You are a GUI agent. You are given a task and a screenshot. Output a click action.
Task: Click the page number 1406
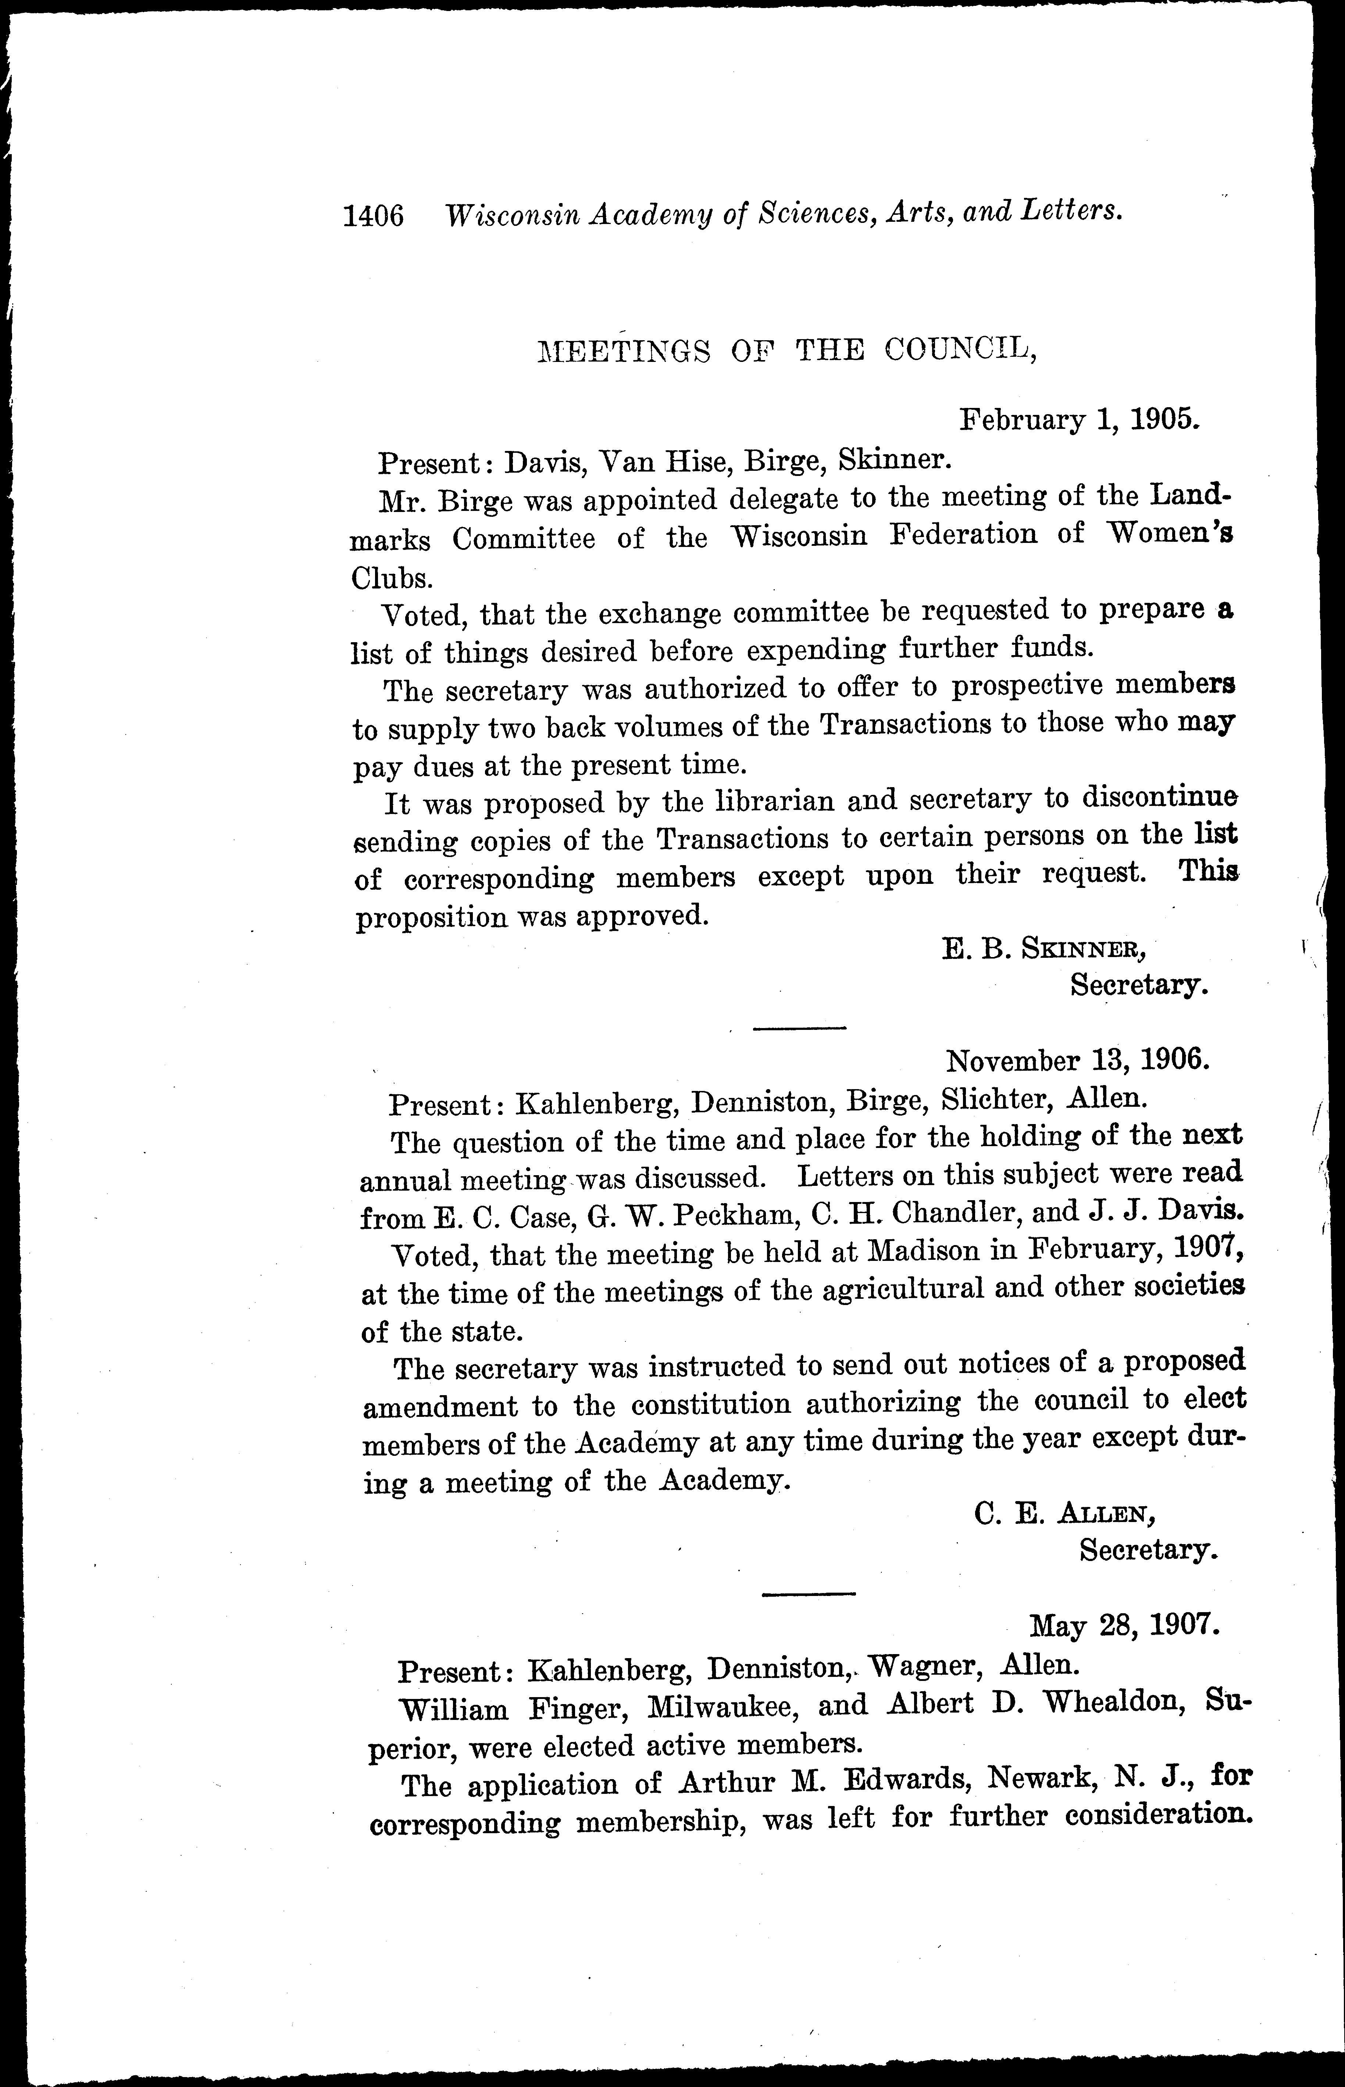click(x=374, y=215)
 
